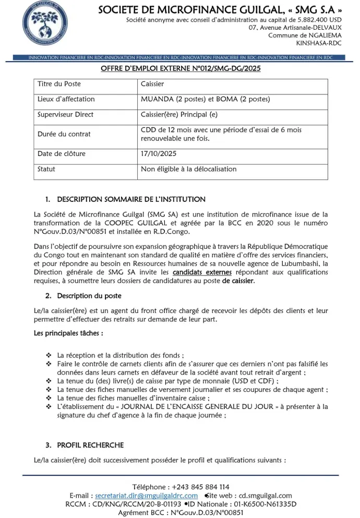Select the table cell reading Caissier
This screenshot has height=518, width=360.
coord(152,84)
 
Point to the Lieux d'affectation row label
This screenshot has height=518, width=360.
coord(66,99)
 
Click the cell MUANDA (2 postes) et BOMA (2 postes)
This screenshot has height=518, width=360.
coord(206,99)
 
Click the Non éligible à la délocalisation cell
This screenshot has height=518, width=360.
coord(188,169)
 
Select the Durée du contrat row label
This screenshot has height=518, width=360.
coord(64,134)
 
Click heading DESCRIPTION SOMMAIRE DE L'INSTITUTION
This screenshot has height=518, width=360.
coord(131,199)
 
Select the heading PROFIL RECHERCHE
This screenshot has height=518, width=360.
coord(90,445)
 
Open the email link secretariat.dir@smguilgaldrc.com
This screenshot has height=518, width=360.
coord(147,496)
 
